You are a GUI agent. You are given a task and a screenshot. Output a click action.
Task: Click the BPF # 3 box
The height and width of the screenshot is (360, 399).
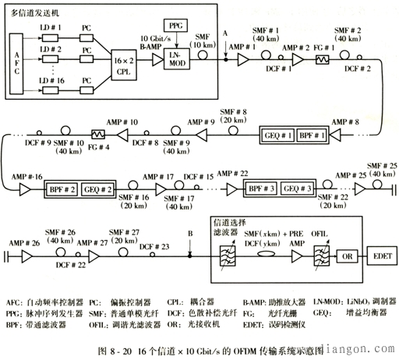[263, 189]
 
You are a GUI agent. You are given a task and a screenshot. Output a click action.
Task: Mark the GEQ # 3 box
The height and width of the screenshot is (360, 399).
[298, 189]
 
